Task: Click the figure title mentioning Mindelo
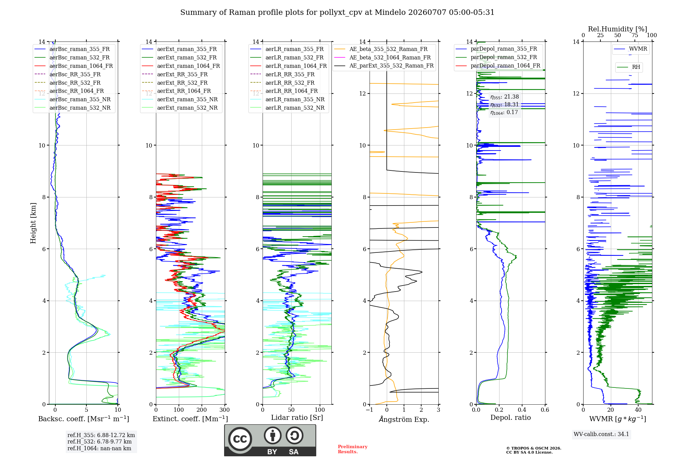click(337, 12)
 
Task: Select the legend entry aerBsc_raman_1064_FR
click(74, 66)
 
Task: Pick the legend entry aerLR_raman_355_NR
click(287, 99)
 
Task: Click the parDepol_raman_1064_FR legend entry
click(498, 65)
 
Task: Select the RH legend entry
click(629, 67)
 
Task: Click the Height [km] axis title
click(33, 223)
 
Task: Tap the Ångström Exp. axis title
click(404, 419)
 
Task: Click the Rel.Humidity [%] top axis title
click(618, 29)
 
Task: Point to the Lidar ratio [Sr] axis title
click(297, 417)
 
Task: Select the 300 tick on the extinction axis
click(224, 410)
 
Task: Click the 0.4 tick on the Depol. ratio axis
click(522, 410)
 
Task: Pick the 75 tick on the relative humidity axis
click(635, 35)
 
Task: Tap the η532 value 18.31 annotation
click(505, 105)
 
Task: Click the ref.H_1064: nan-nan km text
click(99, 448)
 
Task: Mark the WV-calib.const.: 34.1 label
click(601, 434)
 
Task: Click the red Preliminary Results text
click(353, 449)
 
